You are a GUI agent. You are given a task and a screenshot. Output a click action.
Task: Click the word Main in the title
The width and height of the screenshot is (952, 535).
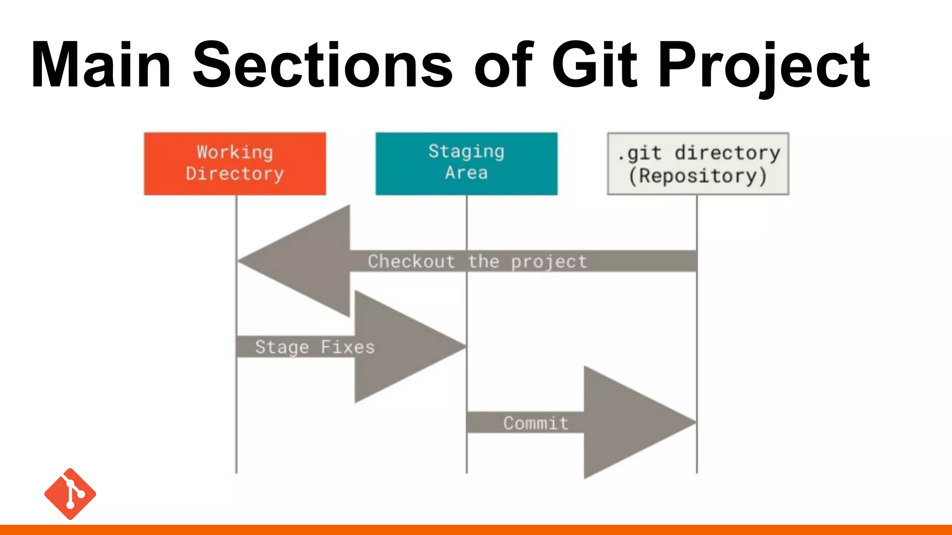(x=101, y=65)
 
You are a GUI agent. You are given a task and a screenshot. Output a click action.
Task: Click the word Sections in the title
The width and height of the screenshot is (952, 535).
(x=322, y=65)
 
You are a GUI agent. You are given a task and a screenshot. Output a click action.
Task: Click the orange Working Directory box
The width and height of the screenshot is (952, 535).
(x=235, y=163)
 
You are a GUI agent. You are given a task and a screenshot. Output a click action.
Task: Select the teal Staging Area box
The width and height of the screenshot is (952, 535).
(x=466, y=163)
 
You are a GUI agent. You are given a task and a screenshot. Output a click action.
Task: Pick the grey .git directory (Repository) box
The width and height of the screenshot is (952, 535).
(x=698, y=163)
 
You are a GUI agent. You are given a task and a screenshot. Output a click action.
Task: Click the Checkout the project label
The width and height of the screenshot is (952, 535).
(x=477, y=261)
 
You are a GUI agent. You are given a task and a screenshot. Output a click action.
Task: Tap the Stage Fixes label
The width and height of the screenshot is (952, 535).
(x=315, y=347)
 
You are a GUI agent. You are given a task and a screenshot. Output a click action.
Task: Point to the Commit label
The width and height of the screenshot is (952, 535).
(x=535, y=423)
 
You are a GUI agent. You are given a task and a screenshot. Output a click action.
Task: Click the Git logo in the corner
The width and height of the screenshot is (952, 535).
(x=70, y=494)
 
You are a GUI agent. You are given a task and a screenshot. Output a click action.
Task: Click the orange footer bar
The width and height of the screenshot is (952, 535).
(x=476, y=530)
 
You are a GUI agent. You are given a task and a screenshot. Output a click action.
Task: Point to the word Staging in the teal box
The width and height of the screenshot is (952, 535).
(x=466, y=152)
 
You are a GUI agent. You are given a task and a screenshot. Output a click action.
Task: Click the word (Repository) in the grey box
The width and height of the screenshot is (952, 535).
(x=698, y=176)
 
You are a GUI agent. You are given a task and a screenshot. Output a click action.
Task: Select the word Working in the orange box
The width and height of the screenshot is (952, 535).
(x=235, y=152)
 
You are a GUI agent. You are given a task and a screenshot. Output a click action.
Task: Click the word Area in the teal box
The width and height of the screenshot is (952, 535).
(x=466, y=173)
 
